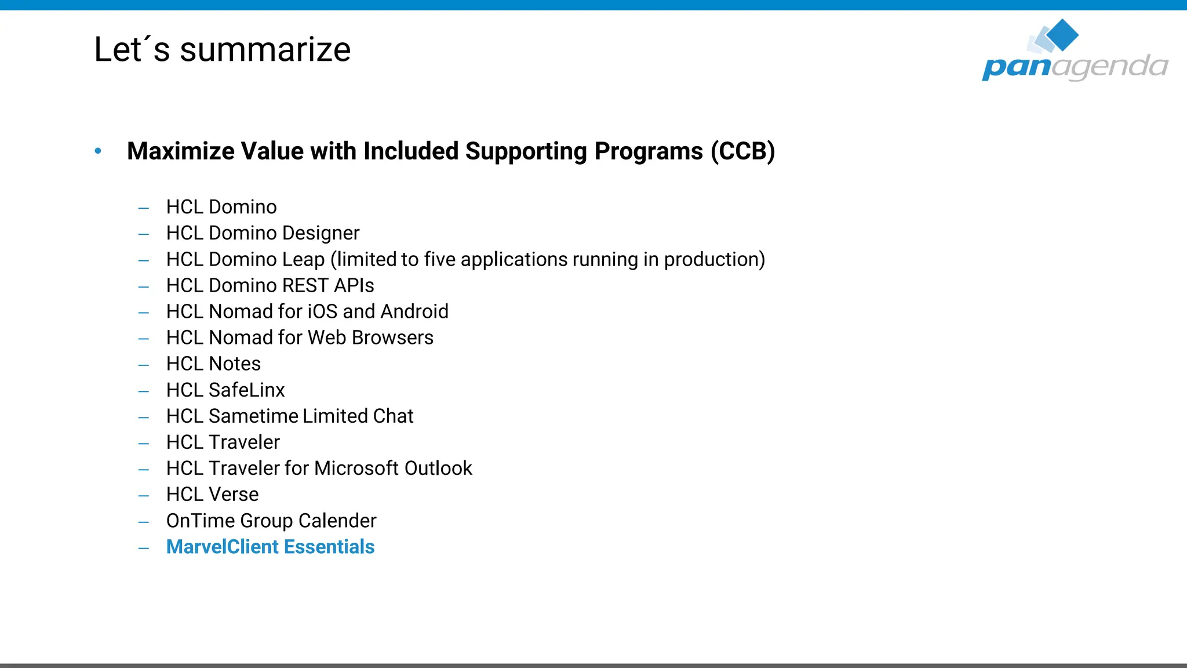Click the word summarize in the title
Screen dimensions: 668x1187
[x=265, y=50]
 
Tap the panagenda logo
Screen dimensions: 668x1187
[x=1075, y=52]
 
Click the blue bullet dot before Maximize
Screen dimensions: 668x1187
[x=98, y=151]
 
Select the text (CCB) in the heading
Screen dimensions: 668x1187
[x=743, y=151]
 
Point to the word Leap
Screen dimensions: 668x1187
[x=303, y=259]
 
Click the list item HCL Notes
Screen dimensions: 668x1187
[x=213, y=364]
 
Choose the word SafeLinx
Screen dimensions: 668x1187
[x=246, y=390]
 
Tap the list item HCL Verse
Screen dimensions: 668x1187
[x=212, y=494]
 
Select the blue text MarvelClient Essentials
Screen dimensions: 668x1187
[x=270, y=547]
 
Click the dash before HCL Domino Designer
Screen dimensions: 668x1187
[x=144, y=234]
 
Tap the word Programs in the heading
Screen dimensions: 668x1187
[x=648, y=151]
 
